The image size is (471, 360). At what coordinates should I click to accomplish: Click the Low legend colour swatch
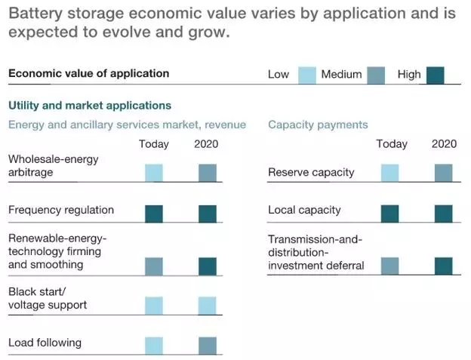pyautogui.click(x=306, y=75)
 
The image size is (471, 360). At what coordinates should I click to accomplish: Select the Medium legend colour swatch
pyautogui.click(x=375, y=75)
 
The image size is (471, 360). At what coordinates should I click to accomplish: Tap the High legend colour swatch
pyautogui.click(x=435, y=75)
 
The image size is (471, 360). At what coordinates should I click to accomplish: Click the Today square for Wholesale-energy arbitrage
pyautogui.click(x=154, y=173)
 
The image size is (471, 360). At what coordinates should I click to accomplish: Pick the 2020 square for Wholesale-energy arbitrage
pyautogui.click(x=208, y=173)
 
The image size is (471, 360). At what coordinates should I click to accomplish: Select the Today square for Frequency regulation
pyautogui.click(x=154, y=214)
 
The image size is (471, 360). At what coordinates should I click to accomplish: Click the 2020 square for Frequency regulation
pyautogui.click(x=208, y=214)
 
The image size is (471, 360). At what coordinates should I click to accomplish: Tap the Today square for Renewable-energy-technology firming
pyautogui.click(x=154, y=266)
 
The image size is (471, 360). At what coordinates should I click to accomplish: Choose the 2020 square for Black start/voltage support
pyautogui.click(x=208, y=305)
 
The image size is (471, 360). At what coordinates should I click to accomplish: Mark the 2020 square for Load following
pyautogui.click(x=208, y=346)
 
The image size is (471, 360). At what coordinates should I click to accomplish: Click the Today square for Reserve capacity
pyautogui.click(x=390, y=173)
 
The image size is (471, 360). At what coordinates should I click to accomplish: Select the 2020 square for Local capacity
pyautogui.click(x=444, y=214)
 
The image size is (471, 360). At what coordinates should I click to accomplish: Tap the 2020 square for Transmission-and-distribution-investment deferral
pyautogui.click(x=444, y=266)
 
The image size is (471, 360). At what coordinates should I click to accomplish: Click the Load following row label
pyautogui.click(x=45, y=343)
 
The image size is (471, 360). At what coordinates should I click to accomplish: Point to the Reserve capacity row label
pyautogui.click(x=311, y=172)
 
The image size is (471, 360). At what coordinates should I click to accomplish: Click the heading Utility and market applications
pyautogui.click(x=90, y=106)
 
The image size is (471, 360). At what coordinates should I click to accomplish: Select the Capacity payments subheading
pyautogui.click(x=318, y=125)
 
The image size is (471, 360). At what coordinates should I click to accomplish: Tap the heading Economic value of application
pyautogui.click(x=88, y=73)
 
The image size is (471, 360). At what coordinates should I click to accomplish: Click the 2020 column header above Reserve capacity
pyautogui.click(x=444, y=144)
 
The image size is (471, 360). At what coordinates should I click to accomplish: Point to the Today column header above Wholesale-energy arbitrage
pyautogui.click(x=154, y=144)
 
